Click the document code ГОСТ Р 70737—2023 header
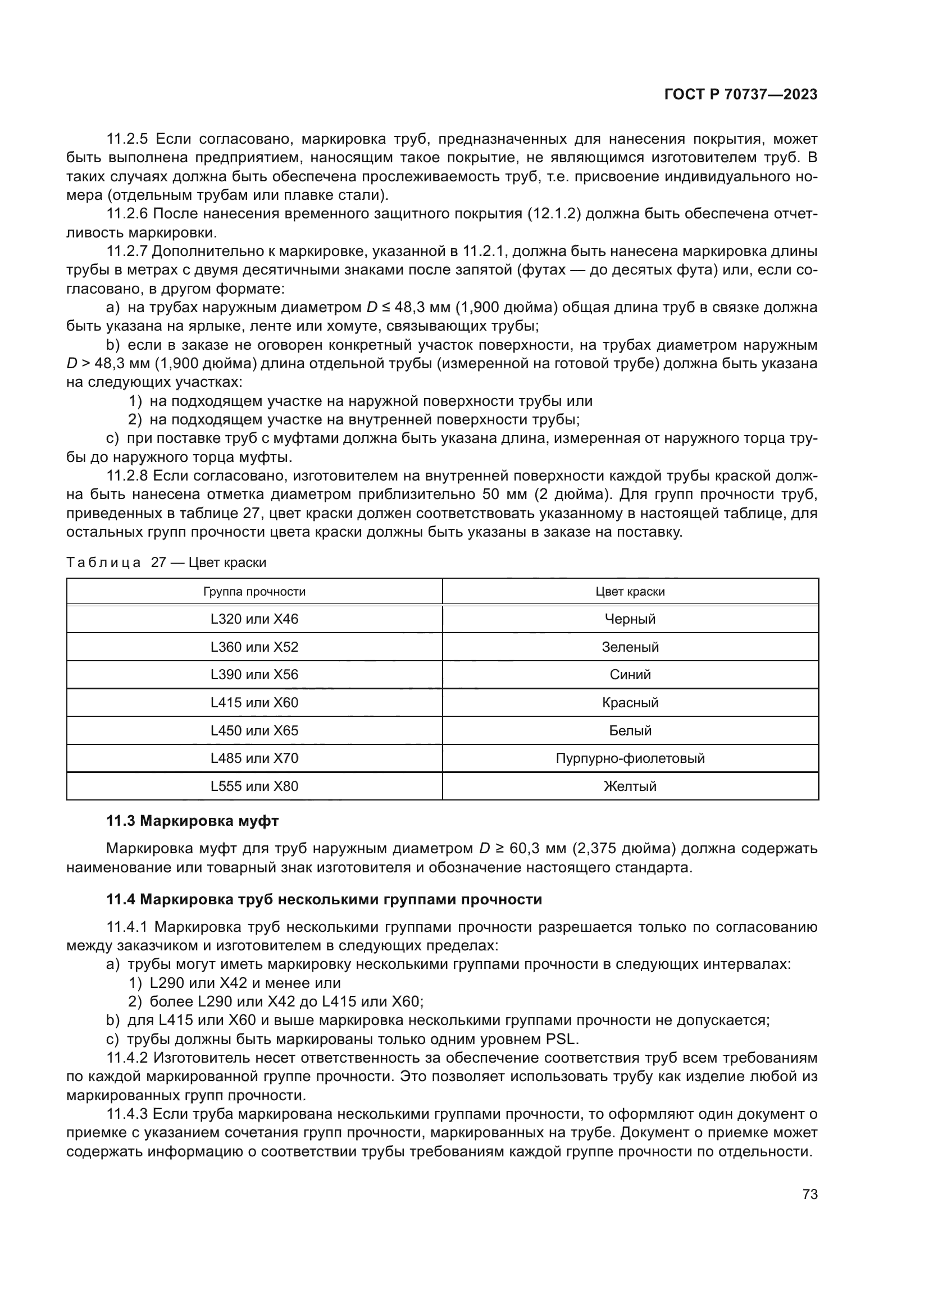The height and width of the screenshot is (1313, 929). click(x=741, y=95)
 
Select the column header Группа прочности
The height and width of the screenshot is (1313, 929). click(x=254, y=591)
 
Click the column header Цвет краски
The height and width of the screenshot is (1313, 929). click(x=630, y=591)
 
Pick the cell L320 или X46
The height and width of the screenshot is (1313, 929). click(x=254, y=619)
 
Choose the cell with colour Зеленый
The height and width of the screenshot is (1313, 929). click(x=630, y=647)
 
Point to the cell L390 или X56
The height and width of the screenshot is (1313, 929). click(x=254, y=674)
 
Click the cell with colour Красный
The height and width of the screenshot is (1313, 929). click(x=630, y=702)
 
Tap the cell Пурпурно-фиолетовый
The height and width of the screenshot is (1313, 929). click(x=630, y=758)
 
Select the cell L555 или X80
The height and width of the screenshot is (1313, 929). click(x=254, y=786)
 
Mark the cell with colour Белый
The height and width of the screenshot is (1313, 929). click(x=630, y=730)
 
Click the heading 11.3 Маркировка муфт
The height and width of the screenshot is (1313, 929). click(x=192, y=821)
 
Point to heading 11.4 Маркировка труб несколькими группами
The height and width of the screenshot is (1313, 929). click(x=324, y=899)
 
